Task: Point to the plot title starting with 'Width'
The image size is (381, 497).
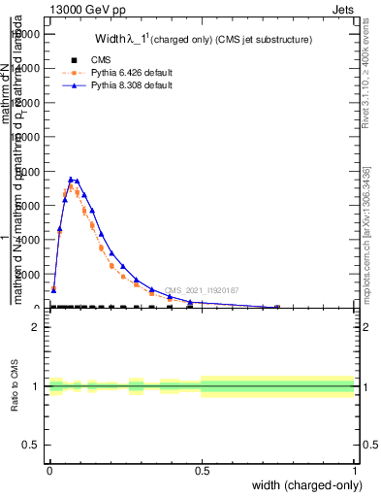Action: pyautogui.click(x=203, y=40)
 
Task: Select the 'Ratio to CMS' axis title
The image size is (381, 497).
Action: pyautogui.click(x=15, y=385)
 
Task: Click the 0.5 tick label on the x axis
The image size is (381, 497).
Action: pyautogui.click(x=202, y=471)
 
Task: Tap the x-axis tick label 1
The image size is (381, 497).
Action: pyautogui.click(x=354, y=471)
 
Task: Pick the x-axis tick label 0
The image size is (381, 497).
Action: pyautogui.click(x=49, y=471)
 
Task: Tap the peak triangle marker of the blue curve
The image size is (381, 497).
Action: pyautogui.click(x=71, y=179)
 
